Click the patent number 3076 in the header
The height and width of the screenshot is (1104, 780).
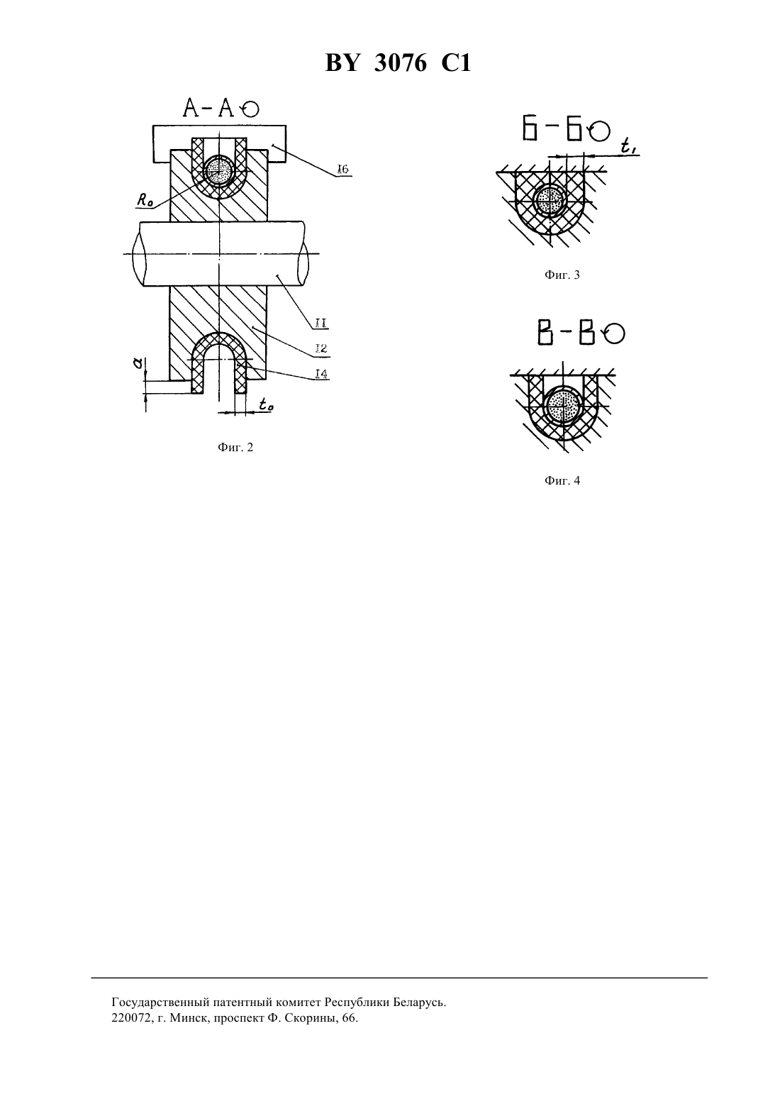[x=401, y=63]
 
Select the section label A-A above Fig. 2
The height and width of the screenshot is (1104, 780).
[x=208, y=108]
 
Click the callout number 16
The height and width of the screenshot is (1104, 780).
[x=342, y=169]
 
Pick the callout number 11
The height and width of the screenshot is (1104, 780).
[x=321, y=324]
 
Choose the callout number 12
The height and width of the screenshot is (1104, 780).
[x=321, y=349]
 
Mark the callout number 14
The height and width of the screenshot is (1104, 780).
[x=321, y=374]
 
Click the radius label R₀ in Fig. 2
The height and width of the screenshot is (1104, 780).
[x=144, y=200]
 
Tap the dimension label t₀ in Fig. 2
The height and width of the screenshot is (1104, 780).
[x=266, y=404]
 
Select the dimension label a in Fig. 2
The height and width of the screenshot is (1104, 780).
[x=138, y=363]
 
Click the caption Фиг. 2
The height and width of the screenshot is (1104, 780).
[x=235, y=447]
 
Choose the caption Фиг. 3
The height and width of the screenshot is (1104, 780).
[x=562, y=275]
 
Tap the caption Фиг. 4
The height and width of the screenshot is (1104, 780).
[x=562, y=480]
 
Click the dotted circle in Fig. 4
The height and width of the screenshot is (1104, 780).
[x=563, y=406]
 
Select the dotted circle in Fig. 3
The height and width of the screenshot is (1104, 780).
[x=550, y=201]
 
